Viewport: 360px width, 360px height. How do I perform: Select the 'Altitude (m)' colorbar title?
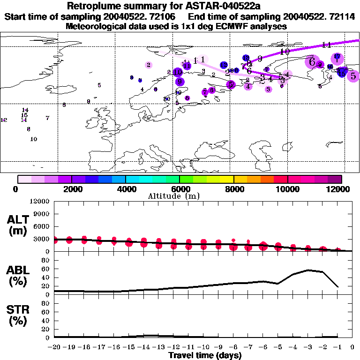180,196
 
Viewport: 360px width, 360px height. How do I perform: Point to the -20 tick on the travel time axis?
54,347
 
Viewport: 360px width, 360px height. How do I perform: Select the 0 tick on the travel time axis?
352,347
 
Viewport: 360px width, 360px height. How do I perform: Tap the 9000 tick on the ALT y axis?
42,214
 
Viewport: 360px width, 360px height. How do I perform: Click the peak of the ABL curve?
308,270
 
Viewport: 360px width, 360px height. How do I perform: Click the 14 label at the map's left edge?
25,110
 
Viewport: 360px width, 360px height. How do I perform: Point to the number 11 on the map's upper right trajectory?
327,45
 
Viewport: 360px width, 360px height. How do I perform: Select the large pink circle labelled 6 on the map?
311,61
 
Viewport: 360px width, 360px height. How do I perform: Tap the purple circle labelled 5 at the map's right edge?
353,75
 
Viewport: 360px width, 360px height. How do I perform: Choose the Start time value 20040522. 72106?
142,16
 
